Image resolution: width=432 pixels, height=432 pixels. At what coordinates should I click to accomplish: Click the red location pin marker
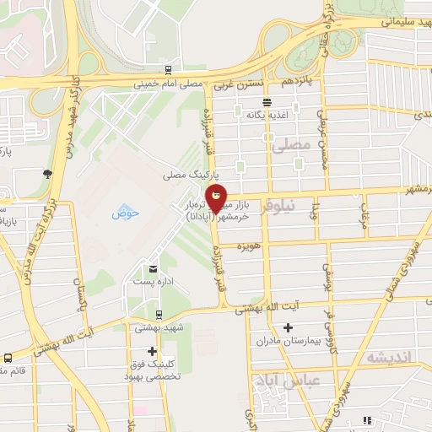[218, 200]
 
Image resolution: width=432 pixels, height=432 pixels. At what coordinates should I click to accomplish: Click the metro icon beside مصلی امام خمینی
[169, 70]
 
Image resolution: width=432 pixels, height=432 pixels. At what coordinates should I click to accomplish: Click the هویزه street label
[246, 246]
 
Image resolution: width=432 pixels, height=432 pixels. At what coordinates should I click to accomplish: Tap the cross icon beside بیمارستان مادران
[288, 327]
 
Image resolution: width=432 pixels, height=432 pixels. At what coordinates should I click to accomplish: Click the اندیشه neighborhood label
[388, 357]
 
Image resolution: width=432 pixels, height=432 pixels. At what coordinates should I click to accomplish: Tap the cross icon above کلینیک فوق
[152, 351]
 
